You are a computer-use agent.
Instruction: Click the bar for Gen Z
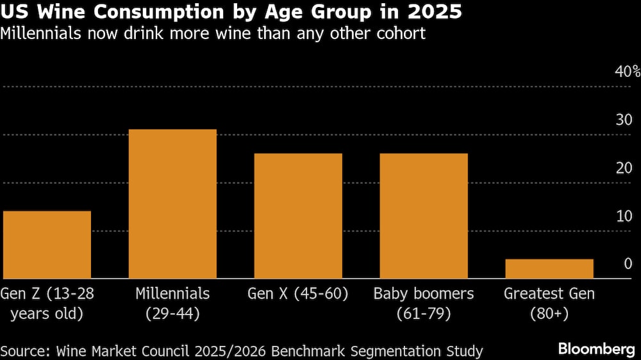click(47, 245)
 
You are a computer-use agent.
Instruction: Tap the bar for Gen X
click(298, 216)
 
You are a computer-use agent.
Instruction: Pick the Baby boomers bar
click(424, 216)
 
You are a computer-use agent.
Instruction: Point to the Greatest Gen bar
click(549, 268)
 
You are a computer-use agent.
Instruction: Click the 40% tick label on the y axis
click(628, 71)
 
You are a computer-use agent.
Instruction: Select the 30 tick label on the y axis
click(624, 119)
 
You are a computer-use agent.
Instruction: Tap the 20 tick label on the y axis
click(624, 168)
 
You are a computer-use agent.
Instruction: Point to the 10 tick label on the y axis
click(624, 216)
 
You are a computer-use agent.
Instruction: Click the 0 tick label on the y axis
click(628, 264)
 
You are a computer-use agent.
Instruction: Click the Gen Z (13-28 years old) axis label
click(47, 304)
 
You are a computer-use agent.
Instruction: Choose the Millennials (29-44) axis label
click(172, 304)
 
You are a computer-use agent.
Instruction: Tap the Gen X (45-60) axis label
click(298, 294)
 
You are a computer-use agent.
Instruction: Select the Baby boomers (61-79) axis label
click(424, 304)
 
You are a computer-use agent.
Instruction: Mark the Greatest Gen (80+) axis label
click(549, 304)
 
